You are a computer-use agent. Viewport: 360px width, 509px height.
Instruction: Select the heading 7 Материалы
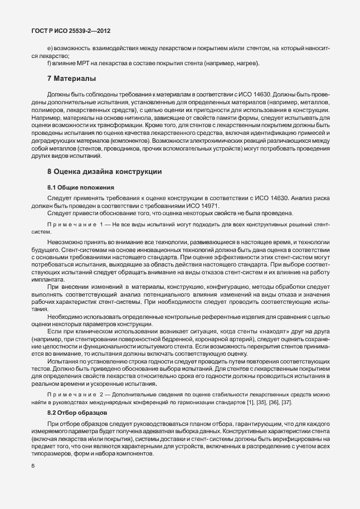[x=71, y=77]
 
